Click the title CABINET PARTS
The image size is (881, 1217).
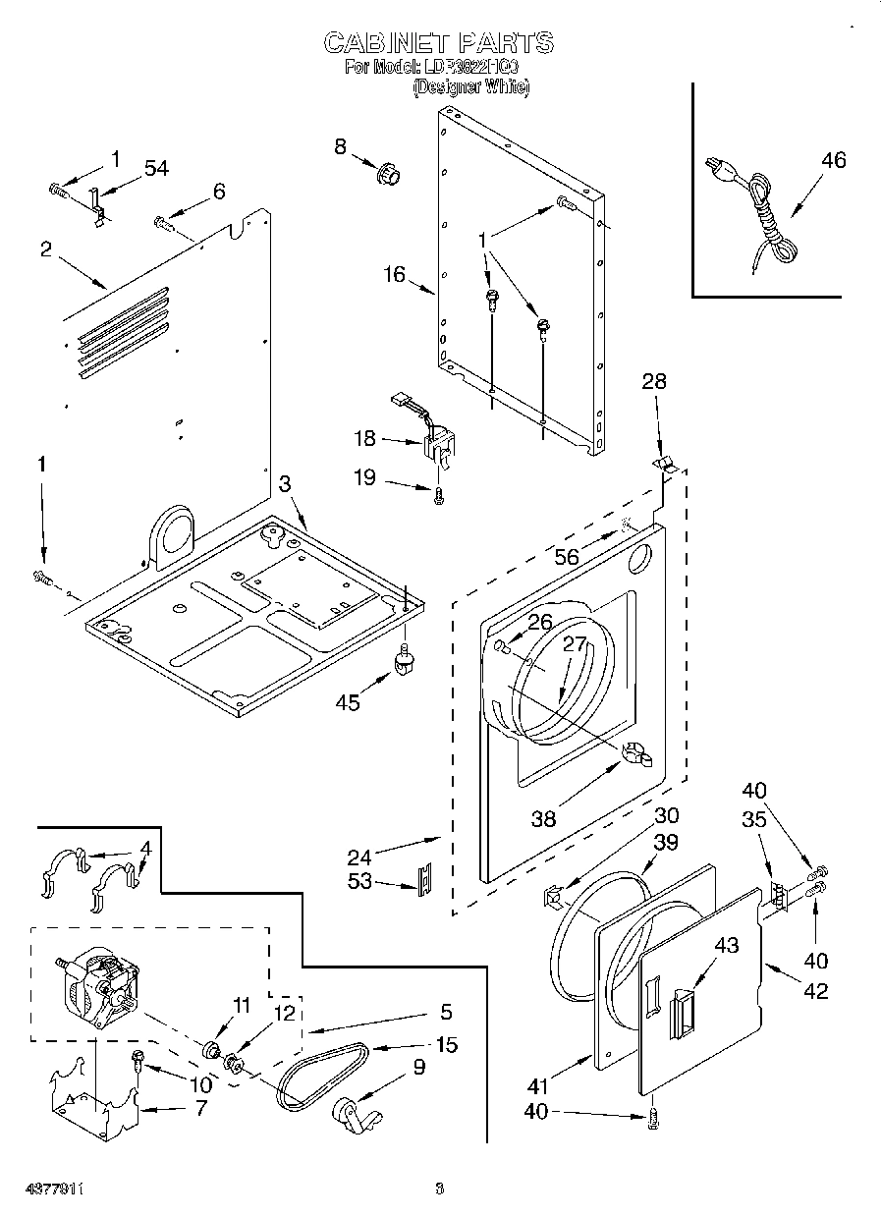point(439,42)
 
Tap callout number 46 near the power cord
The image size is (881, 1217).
point(833,161)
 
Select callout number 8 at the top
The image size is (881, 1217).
point(341,146)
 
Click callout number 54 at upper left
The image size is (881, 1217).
point(156,168)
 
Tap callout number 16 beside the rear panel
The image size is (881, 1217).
point(394,274)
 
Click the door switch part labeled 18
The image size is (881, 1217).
point(436,439)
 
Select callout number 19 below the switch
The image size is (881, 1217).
point(364,478)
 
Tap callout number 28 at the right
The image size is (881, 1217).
point(653,381)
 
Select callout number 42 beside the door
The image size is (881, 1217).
point(815,991)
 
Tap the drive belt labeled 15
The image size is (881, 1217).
point(320,1074)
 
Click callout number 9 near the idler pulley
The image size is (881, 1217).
point(418,1066)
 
